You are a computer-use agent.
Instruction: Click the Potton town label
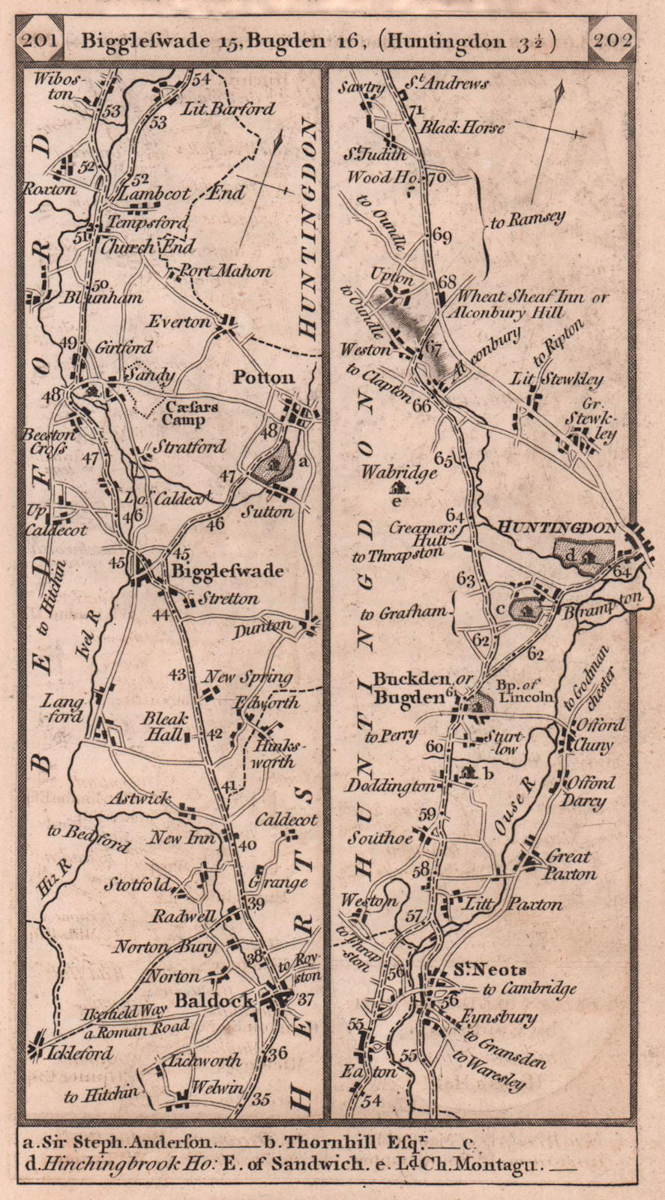263,376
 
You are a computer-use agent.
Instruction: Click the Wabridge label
399,472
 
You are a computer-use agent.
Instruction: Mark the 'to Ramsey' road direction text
527,220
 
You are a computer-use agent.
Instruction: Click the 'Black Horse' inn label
462,127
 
